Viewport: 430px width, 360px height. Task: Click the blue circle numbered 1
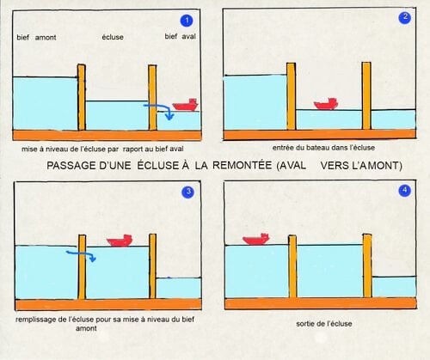click(187, 21)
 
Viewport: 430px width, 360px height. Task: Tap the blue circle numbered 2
click(405, 17)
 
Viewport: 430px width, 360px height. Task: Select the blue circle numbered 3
click(188, 192)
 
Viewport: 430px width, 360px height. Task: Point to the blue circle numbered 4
click(405, 191)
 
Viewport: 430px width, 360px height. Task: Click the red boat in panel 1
click(186, 105)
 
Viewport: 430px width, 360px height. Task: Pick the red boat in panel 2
click(326, 104)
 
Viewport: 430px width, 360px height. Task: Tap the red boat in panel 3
click(120, 241)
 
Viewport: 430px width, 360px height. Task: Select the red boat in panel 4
click(256, 239)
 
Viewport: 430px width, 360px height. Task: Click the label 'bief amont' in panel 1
click(36, 38)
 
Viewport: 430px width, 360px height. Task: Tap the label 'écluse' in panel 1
click(113, 37)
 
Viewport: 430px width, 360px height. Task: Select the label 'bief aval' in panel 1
click(181, 36)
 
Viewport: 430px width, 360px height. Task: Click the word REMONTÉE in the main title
click(242, 165)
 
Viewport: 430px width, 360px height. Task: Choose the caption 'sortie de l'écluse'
click(324, 324)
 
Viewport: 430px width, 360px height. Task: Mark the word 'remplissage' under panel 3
click(35, 320)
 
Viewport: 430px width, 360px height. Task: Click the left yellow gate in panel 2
click(292, 96)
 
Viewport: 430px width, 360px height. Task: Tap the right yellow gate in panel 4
click(367, 265)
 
